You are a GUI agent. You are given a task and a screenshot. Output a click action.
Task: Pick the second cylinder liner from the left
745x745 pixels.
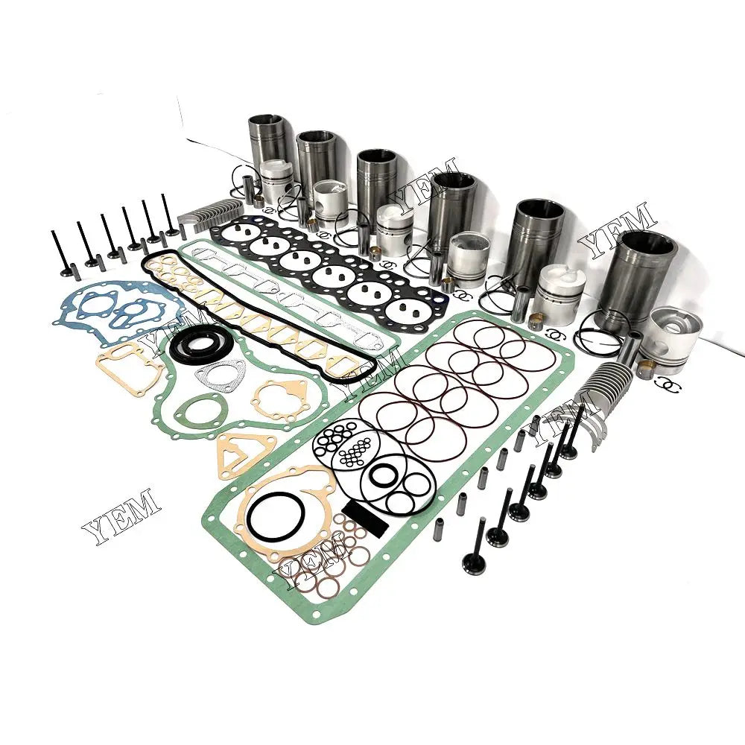318,160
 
